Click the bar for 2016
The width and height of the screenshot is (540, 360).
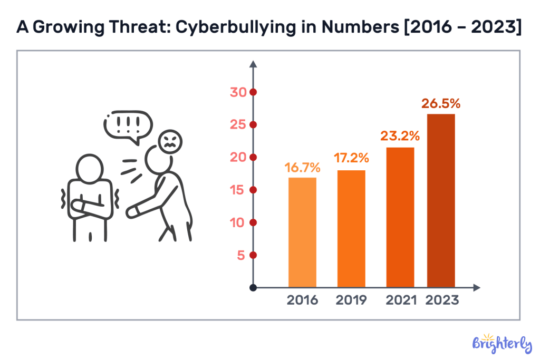302,232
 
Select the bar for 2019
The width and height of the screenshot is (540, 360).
351,229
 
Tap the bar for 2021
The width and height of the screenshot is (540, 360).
400,217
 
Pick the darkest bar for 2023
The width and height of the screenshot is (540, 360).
440,201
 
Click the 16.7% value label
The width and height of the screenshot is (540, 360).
303,168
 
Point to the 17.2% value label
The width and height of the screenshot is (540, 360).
351,158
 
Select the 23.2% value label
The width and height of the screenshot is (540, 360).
400,136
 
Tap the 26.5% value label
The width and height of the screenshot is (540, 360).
441,103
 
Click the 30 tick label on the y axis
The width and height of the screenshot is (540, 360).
238,92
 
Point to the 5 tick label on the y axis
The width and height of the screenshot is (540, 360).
240,256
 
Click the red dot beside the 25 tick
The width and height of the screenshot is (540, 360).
253,125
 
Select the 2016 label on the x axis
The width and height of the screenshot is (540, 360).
303,300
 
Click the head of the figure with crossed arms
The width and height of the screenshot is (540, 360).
91,168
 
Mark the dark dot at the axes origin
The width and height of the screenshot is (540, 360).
253,288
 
